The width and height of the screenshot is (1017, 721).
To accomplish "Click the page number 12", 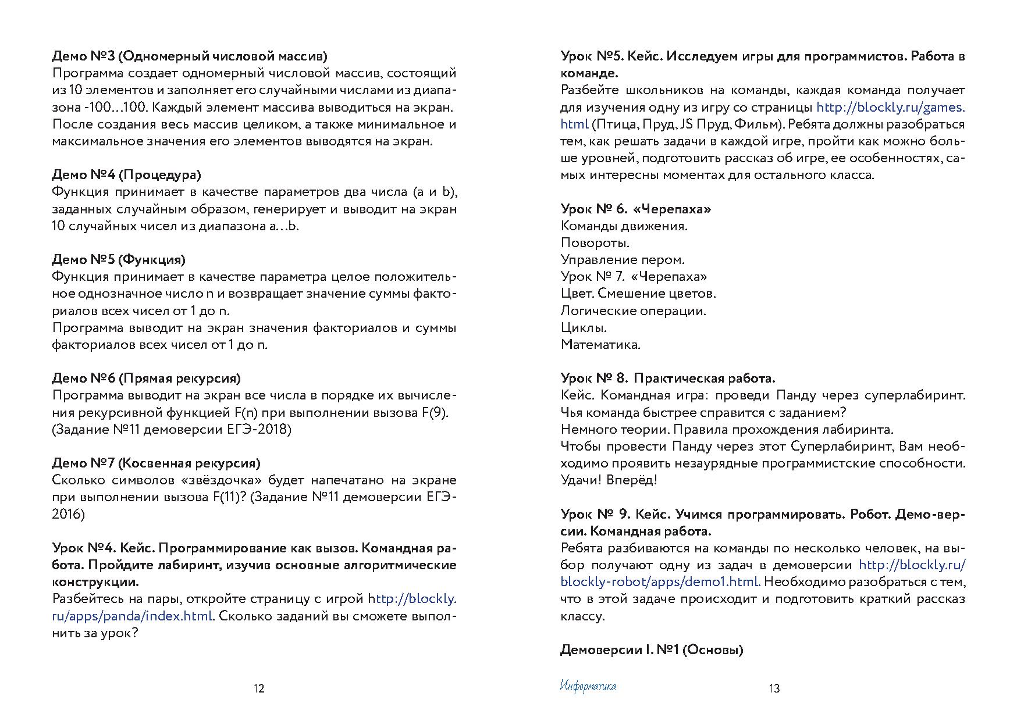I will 259,688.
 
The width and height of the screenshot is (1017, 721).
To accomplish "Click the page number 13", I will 774,688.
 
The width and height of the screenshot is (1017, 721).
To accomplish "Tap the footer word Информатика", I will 588,686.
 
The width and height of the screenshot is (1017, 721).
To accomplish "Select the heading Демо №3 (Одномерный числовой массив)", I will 190,56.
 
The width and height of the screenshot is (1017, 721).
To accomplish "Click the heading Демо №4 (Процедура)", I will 126,175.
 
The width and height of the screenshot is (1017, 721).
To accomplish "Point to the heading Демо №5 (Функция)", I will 119,259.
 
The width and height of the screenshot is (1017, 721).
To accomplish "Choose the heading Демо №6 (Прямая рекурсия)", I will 146,379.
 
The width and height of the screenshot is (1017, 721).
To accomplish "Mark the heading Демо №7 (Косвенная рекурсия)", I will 156,463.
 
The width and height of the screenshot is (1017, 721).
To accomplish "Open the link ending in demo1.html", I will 660,582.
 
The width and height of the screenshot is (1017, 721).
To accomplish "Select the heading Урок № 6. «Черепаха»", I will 636,209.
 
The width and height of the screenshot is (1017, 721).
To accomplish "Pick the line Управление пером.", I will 623,259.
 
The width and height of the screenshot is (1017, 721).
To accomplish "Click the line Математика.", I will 600,344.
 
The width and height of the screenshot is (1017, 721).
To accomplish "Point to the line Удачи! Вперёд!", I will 609,480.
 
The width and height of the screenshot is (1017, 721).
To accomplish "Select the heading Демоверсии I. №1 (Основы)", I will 652,650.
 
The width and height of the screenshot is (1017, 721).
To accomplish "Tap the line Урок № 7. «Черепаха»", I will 634,276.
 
